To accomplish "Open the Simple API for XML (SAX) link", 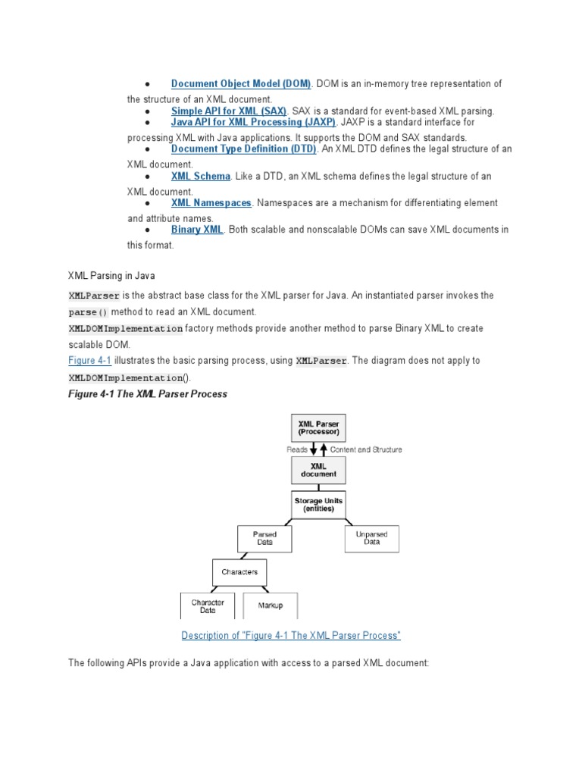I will click(x=229, y=111).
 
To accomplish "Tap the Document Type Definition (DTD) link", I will click(x=243, y=149).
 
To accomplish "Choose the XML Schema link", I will click(x=200, y=176).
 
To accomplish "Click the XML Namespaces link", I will click(x=211, y=203).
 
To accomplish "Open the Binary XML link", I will click(x=197, y=230).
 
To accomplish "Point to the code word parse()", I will click(x=89, y=312).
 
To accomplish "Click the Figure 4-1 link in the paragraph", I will click(x=89, y=361).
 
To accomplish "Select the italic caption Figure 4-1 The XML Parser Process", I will click(x=148, y=394).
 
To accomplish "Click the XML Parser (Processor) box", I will click(x=318, y=429).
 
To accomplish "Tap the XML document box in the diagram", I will click(x=318, y=471).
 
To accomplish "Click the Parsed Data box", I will click(x=264, y=539).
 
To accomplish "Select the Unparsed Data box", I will click(x=371, y=539).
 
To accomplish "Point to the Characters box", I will click(x=239, y=572).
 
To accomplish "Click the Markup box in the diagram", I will click(x=271, y=605).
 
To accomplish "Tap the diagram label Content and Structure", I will click(x=366, y=449).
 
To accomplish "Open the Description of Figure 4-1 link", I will click(x=291, y=635).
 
